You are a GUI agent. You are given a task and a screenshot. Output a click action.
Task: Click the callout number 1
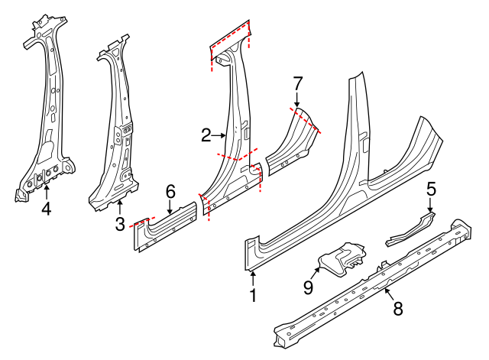pos(254,294)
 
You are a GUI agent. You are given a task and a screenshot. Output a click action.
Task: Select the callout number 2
pos(206,135)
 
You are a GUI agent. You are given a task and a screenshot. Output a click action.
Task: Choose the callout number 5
pos(431,188)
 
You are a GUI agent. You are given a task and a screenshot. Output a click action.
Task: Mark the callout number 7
pos(298,82)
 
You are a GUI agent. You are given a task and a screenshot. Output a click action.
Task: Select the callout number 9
pos(309,287)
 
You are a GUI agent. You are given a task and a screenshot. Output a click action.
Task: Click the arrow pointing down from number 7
pos(298,99)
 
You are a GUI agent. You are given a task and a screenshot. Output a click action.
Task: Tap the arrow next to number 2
pos(220,135)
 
